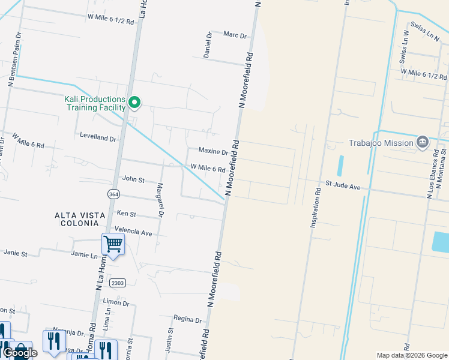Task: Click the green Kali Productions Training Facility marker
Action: coord(135,103)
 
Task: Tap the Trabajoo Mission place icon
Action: coord(422,142)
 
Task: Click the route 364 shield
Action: coord(114,194)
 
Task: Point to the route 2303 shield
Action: coord(118,283)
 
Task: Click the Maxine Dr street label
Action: coord(213,151)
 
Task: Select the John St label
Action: coord(133,179)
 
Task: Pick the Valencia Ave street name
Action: coord(134,232)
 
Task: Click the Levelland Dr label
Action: coord(98,137)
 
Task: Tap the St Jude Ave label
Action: coord(343,187)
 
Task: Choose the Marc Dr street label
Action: coord(235,35)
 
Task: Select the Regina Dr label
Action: coord(186,319)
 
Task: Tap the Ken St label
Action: coord(126,214)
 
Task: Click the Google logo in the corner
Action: coord(20,353)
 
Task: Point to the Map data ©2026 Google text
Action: coord(411,355)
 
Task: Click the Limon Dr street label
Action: coord(116,303)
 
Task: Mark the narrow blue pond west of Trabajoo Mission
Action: coord(341,166)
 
